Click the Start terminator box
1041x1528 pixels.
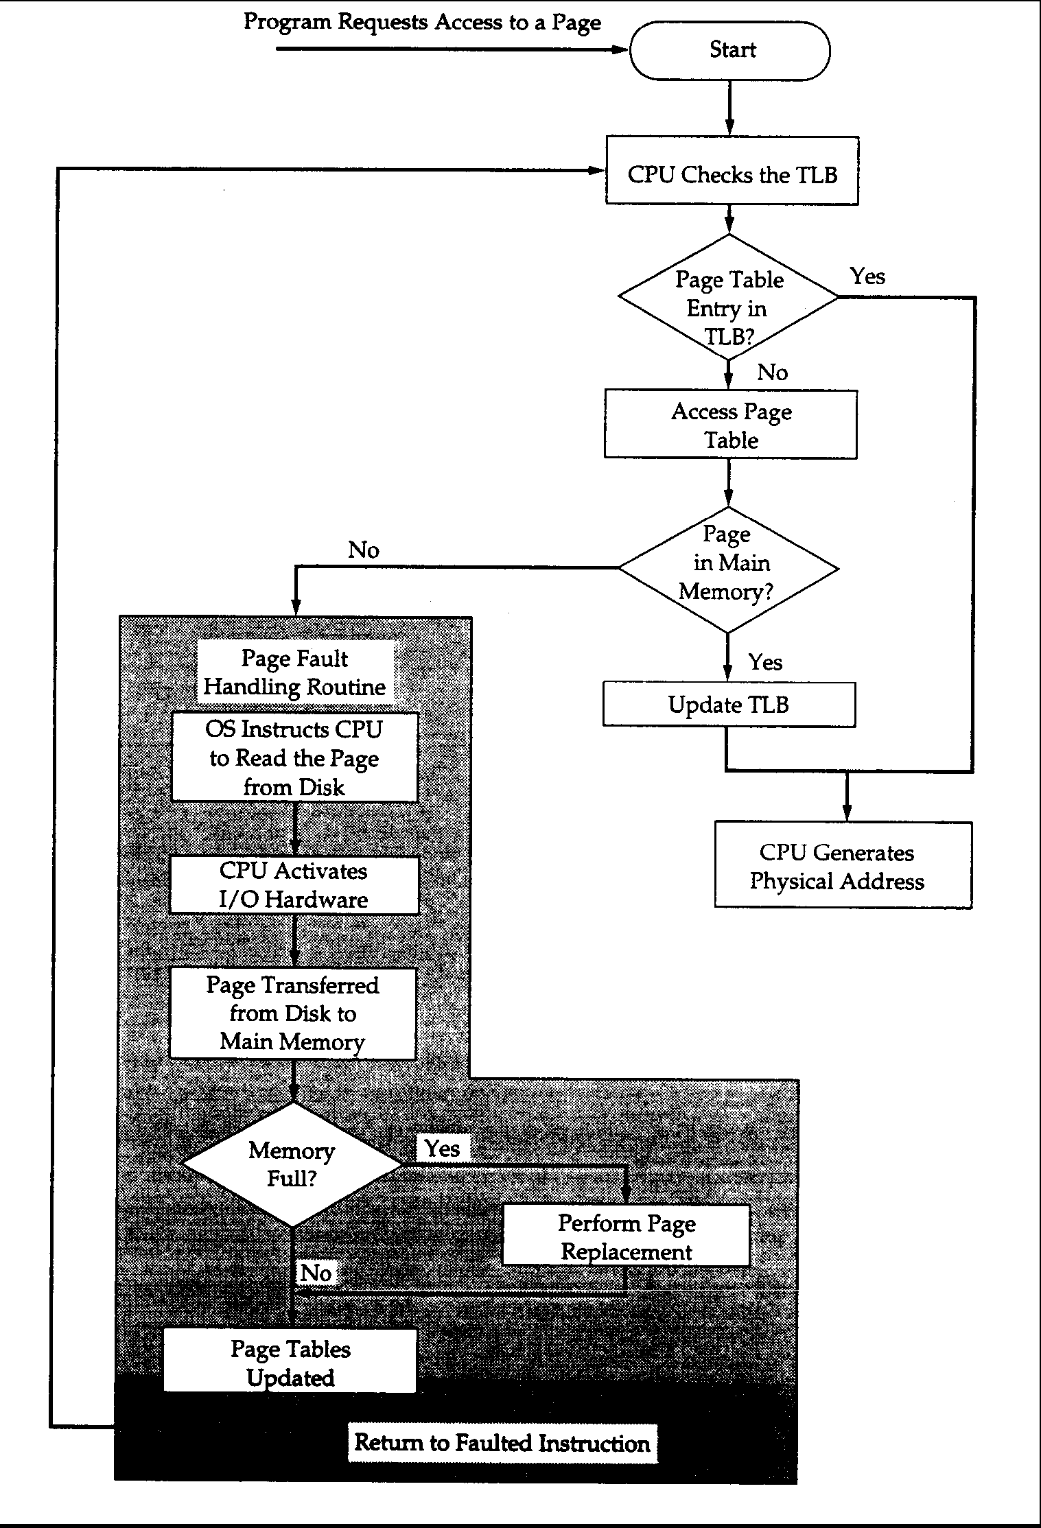point(729,50)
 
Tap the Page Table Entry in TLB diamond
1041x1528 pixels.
point(728,298)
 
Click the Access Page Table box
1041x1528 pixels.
point(731,425)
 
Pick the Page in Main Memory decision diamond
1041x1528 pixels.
point(728,569)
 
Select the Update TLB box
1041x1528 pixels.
point(729,705)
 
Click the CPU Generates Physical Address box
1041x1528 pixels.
point(843,866)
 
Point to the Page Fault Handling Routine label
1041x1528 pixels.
point(295,672)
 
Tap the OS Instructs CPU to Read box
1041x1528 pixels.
point(294,757)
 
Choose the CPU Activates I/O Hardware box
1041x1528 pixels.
point(294,885)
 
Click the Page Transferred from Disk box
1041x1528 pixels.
point(293,1013)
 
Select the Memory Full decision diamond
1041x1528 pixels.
point(292,1164)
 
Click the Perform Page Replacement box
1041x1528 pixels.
point(626,1236)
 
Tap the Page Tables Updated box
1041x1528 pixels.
point(290,1363)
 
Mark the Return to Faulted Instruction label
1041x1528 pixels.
point(502,1444)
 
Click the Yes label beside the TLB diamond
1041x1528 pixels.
point(867,277)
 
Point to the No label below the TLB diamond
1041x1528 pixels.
point(772,373)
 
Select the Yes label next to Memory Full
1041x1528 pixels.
point(442,1148)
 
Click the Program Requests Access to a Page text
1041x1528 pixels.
point(422,23)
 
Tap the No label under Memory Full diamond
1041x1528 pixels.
point(316,1273)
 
